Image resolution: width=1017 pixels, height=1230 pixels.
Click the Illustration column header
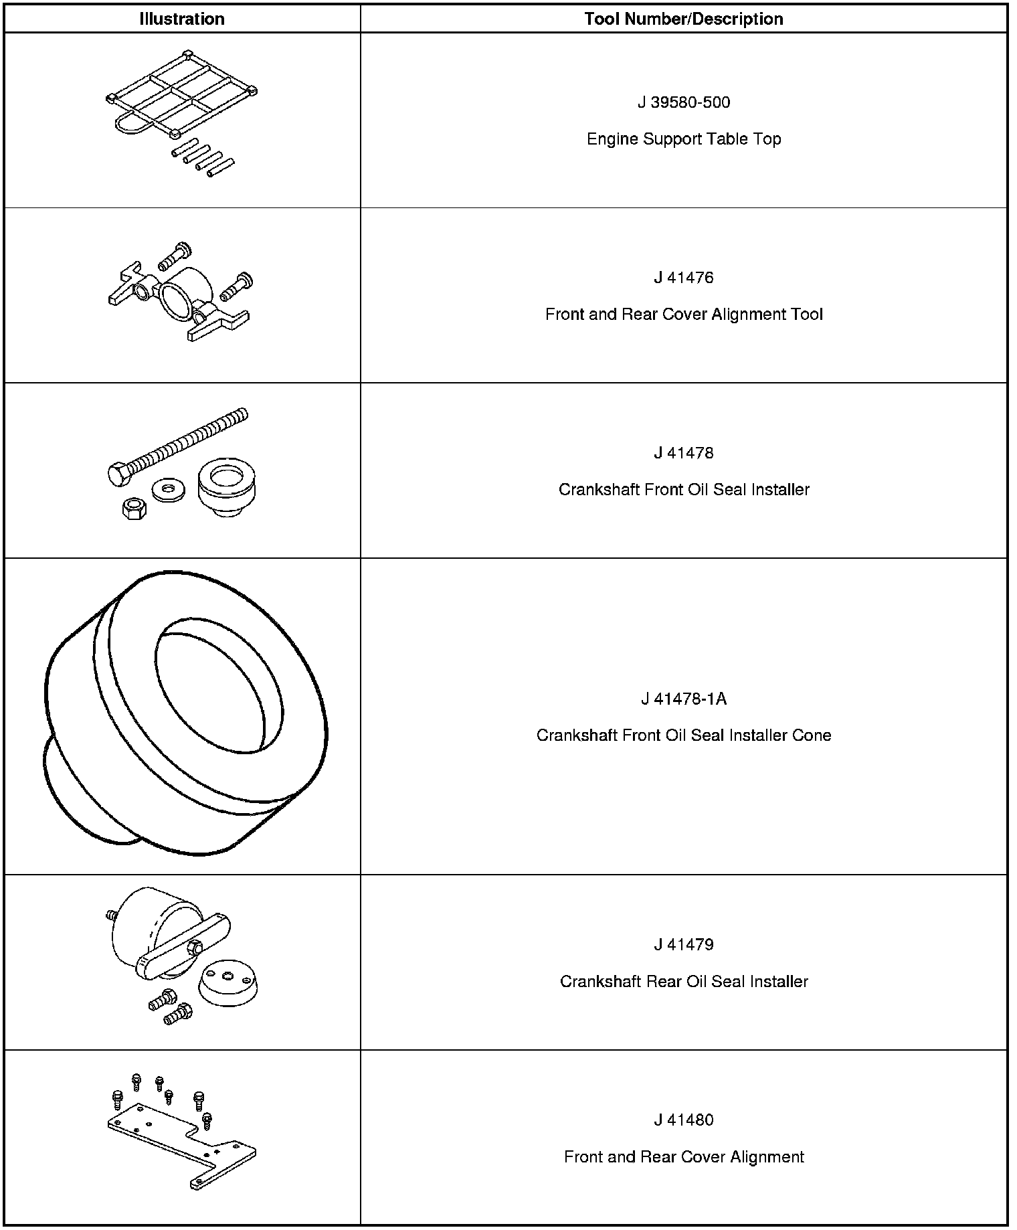tap(182, 19)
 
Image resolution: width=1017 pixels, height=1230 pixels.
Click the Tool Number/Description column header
tap(683, 19)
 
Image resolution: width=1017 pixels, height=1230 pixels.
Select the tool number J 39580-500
tap(683, 102)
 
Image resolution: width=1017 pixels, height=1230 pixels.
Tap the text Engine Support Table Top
tap(683, 139)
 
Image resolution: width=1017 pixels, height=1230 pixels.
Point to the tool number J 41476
tap(683, 278)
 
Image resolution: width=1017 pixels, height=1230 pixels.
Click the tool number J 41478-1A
tap(683, 699)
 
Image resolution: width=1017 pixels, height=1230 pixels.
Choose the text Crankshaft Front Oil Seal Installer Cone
tap(683, 735)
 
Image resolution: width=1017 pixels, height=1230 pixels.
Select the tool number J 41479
tap(683, 945)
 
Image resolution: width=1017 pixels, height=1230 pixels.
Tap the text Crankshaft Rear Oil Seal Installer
tap(683, 982)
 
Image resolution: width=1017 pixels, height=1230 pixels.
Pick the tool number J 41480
tap(683, 1120)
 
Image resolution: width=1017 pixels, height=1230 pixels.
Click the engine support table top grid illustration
tap(181, 94)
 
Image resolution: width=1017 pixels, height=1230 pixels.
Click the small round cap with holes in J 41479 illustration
tap(228, 981)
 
